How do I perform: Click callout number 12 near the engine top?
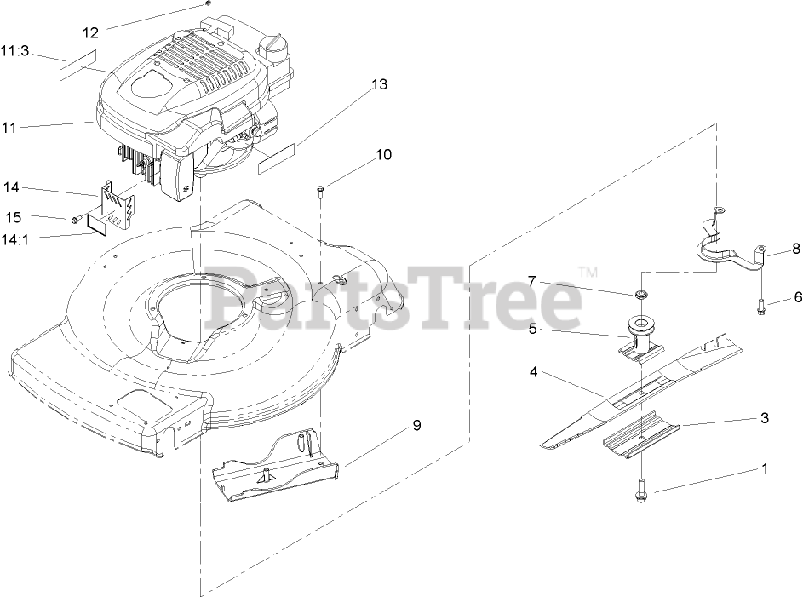click(x=91, y=33)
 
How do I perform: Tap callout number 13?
click(x=379, y=84)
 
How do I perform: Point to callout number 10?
click(x=383, y=155)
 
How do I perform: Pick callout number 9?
click(x=416, y=426)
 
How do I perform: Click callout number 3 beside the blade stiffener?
click(x=765, y=418)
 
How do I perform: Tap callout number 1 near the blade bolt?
click(x=765, y=468)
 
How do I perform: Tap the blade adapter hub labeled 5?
click(x=637, y=336)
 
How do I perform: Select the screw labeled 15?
click(x=76, y=220)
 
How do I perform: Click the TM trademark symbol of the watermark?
click(x=587, y=272)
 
